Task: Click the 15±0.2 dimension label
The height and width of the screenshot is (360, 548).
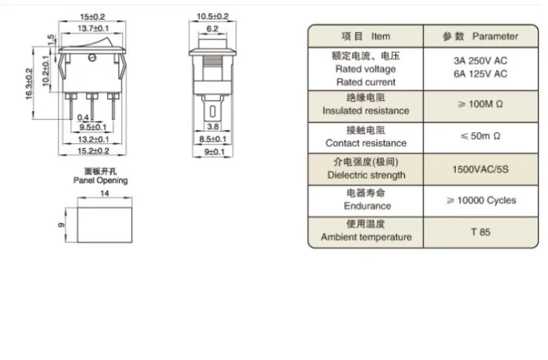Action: (x=92, y=16)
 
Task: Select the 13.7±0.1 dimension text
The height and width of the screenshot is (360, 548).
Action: (x=92, y=28)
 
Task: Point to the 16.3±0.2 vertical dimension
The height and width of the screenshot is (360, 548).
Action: (x=30, y=85)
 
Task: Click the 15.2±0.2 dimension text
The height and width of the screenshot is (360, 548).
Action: (x=94, y=150)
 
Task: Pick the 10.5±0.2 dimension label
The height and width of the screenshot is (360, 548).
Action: (x=213, y=16)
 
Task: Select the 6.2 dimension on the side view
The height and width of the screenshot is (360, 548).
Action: (x=213, y=29)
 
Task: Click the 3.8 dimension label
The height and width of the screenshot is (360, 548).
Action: (x=213, y=127)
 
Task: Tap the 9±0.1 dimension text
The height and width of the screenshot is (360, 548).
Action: (x=213, y=150)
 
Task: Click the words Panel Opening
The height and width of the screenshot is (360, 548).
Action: (x=100, y=180)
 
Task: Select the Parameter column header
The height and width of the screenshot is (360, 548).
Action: (x=480, y=36)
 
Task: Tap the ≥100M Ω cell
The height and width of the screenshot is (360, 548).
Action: (x=480, y=104)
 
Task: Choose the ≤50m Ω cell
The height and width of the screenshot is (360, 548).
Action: (x=480, y=136)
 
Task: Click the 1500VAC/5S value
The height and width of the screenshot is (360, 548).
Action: (x=480, y=168)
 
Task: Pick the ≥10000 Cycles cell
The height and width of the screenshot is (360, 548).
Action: (x=480, y=200)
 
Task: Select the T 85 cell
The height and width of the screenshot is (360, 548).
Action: (x=480, y=232)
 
